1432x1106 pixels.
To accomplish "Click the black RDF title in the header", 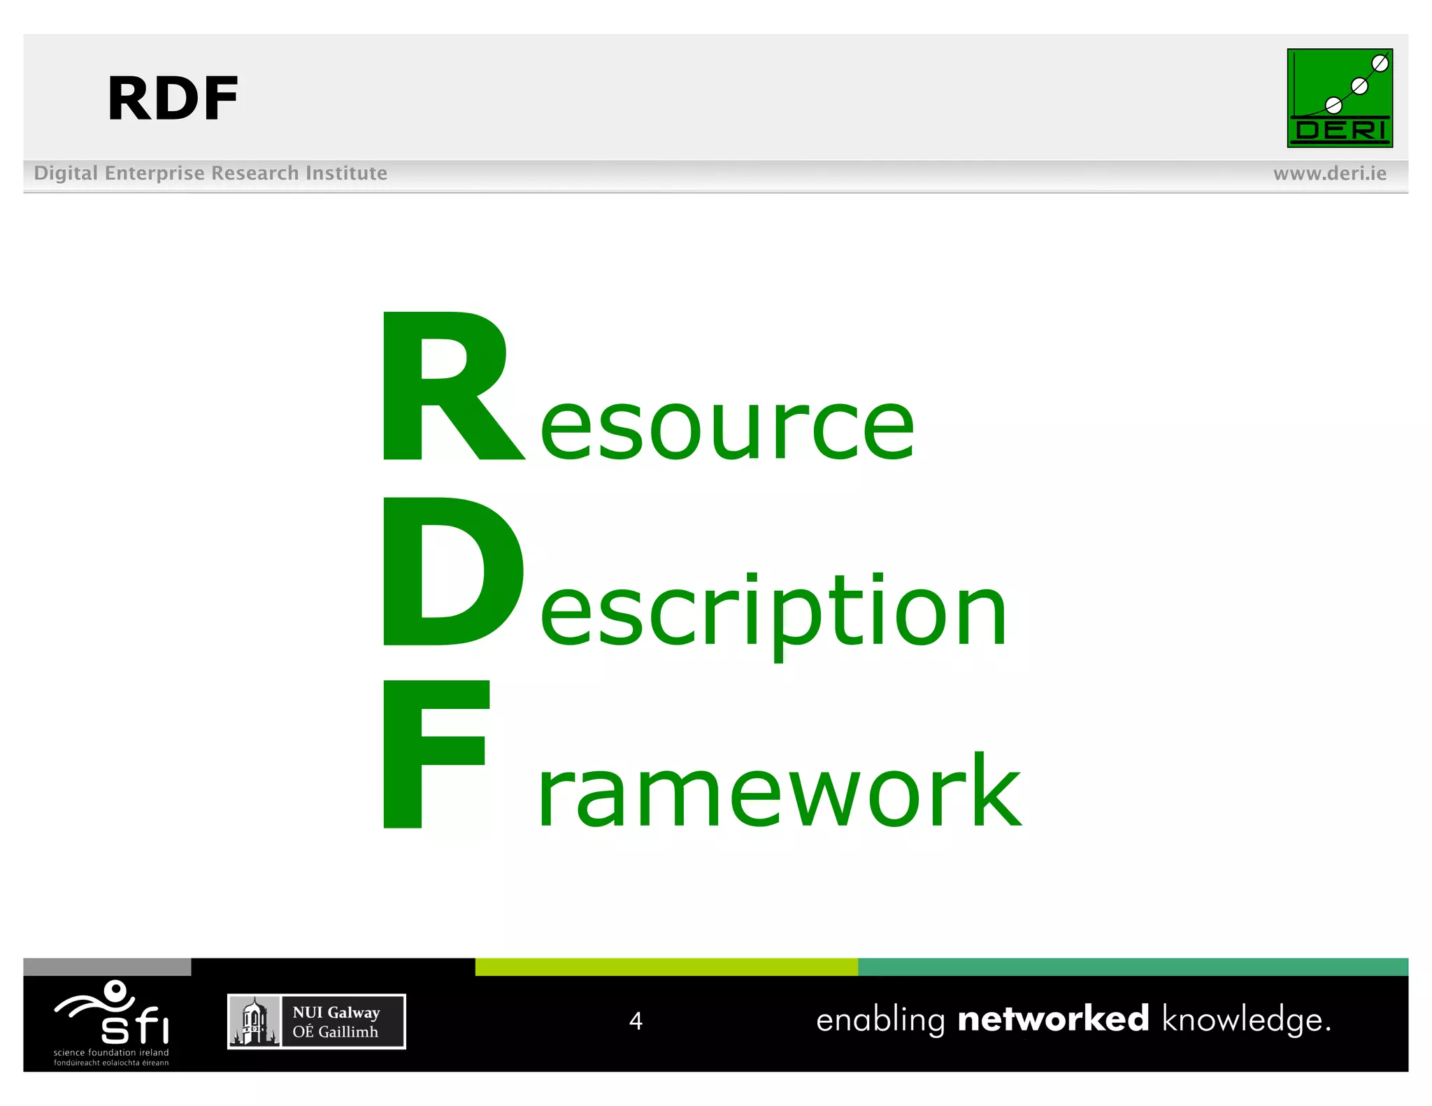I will (x=173, y=99).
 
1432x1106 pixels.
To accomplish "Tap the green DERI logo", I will (x=1339, y=98).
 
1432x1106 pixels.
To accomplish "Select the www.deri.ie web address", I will (x=1329, y=173).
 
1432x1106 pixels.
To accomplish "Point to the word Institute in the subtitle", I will (x=345, y=173).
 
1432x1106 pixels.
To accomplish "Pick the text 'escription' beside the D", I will (x=773, y=611).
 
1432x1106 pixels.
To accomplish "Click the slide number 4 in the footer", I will (x=636, y=1021).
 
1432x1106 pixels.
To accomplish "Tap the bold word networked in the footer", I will (x=1053, y=1019).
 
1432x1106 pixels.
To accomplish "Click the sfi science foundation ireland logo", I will (x=112, y=1021).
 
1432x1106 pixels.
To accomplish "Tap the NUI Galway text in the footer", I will (x=336, y=1012).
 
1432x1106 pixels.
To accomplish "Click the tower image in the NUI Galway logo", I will (x=255, y=1021).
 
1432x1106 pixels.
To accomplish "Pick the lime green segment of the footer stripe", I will (x=666, y=967).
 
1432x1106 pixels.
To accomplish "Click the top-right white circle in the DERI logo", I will (x=1380, y=64).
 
